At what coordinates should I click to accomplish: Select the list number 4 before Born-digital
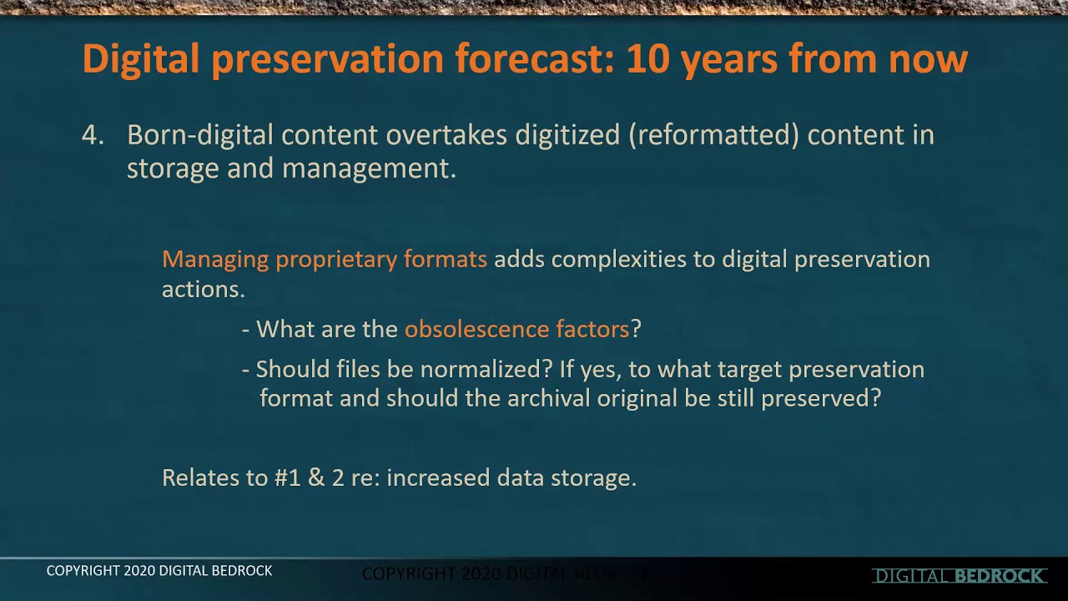[91, 135]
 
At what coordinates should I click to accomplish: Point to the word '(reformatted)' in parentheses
[713, 135]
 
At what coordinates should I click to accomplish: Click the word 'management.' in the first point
[369, 168]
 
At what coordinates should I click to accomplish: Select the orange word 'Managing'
[215, 260]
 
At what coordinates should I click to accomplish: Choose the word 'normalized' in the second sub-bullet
[484, 370]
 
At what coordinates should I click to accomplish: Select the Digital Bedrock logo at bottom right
[960, 576]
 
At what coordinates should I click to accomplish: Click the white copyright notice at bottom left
[159, 571]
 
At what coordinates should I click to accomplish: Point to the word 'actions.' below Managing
[203, 289]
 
